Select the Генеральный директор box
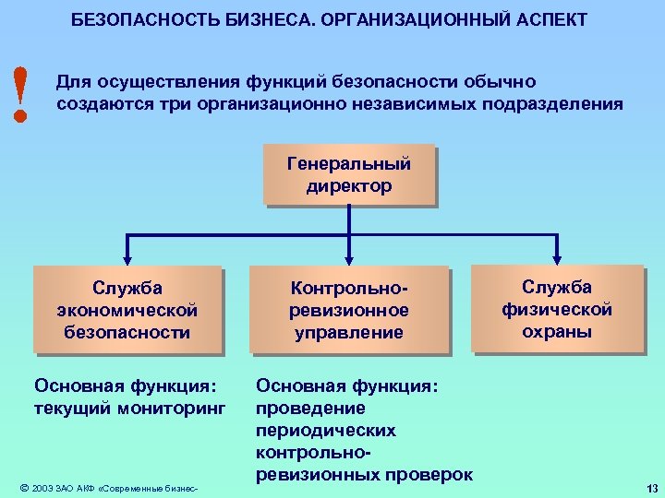click(349, 174)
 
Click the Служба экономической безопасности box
click(127, 310)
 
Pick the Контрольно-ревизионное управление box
click(349, 310)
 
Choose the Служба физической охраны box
click(557, 309)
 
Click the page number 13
click(652, 488)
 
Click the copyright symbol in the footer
click(23, 487)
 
